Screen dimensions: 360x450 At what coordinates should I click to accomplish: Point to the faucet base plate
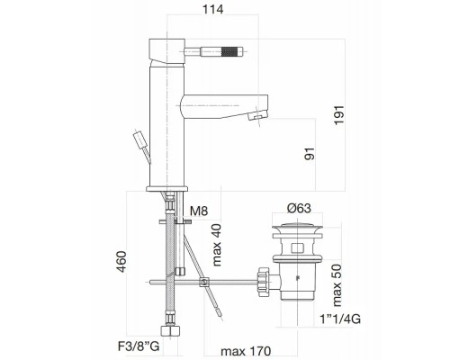pos(166,187)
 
